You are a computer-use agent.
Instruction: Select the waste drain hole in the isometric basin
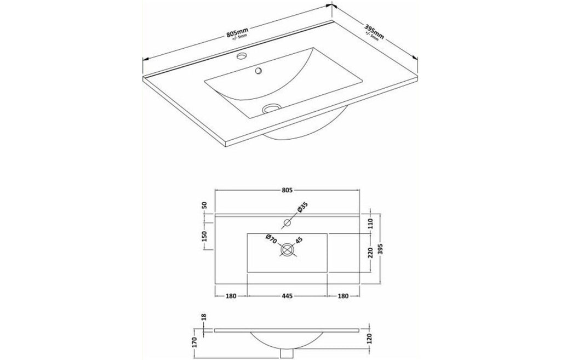(x=269, y=108)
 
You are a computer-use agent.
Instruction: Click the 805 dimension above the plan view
(x=287, y=190)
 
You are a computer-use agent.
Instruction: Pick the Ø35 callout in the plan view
(x=302, y=208)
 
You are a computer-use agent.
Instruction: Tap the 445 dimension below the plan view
(x=287, y=296)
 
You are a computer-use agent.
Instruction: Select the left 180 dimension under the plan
(x=231, y=296)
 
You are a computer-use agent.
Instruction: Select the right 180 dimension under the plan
(x=343, y=296)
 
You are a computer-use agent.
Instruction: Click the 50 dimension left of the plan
(x=204, y=205)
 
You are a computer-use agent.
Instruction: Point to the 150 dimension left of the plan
(x=204, y=236)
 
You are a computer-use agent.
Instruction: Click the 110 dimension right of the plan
(x=370, y=224)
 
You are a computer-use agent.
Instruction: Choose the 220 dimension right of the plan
(x=370, y=253)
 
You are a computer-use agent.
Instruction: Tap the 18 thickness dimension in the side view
(x=204, y=317)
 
